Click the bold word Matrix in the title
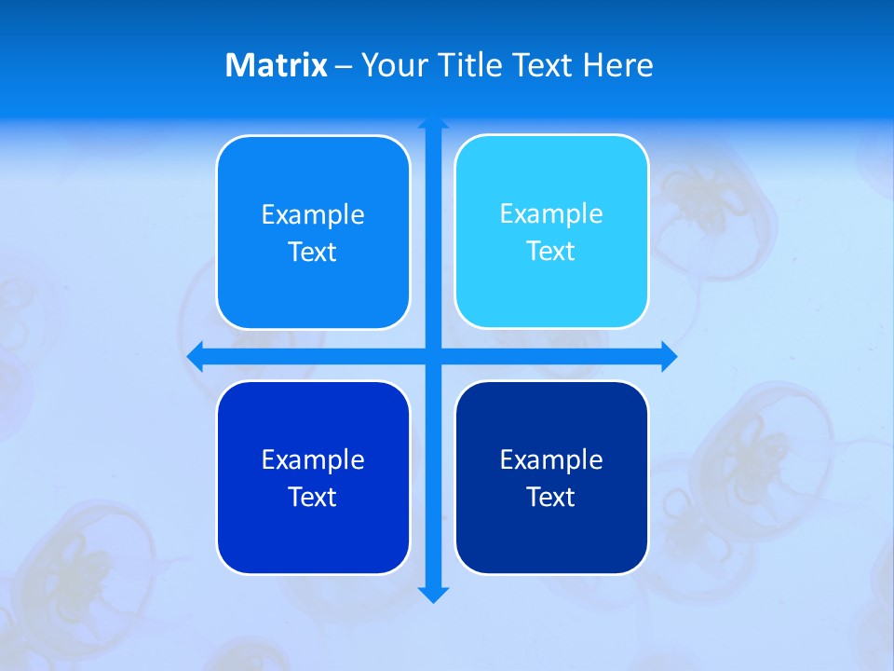tap(276, 65)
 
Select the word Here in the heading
tap(617, 65)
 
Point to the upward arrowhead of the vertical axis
tap(433, 123)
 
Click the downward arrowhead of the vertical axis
tap(433, 595)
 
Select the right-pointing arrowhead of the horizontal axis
tap(669, 356)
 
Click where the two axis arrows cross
tap(433, 356)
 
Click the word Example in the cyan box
tap(551, 213)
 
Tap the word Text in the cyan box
tap(551, 251)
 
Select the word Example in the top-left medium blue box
tap(313, 214)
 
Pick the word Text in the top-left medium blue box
tap(313, 252)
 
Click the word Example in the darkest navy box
tap(551, 459)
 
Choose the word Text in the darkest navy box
tap(551, 497)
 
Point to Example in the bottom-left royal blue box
tap(313, 459)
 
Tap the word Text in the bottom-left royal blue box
tap(313, 497)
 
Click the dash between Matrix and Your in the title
tap(344, 66)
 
